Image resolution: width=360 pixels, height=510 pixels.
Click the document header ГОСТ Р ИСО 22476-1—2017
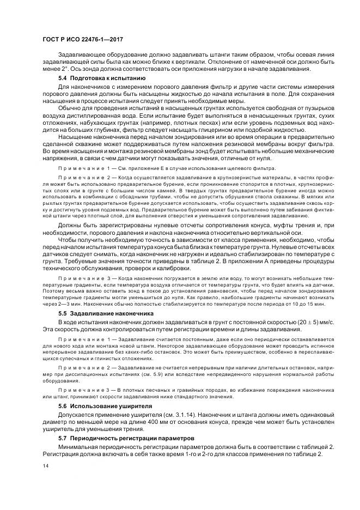[79, 40]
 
